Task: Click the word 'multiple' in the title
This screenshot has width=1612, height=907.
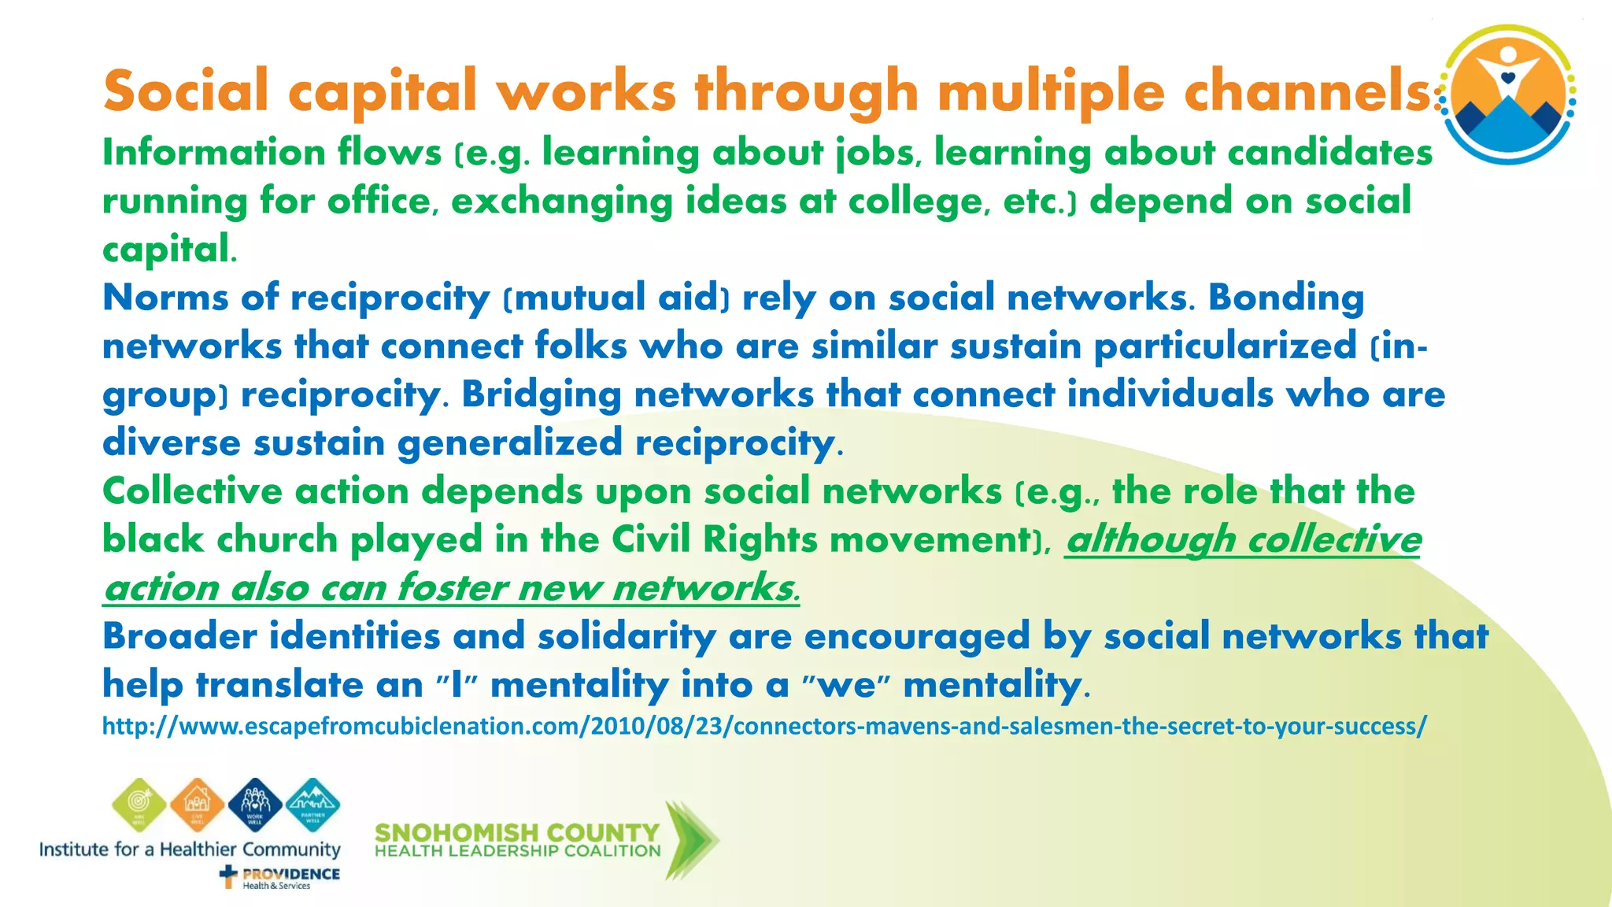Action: pyautogui.click(x=1051, y=91)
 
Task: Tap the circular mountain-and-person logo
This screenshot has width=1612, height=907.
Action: pyautogui.click(x=1507, y=94)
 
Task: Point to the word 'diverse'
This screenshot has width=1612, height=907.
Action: pyautogui.click(x=171, y=442)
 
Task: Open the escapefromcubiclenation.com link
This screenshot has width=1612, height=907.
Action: pyautogui.click(x=763, y=725)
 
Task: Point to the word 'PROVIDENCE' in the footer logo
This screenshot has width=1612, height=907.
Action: pyautogui.click(x=291, y=874)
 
